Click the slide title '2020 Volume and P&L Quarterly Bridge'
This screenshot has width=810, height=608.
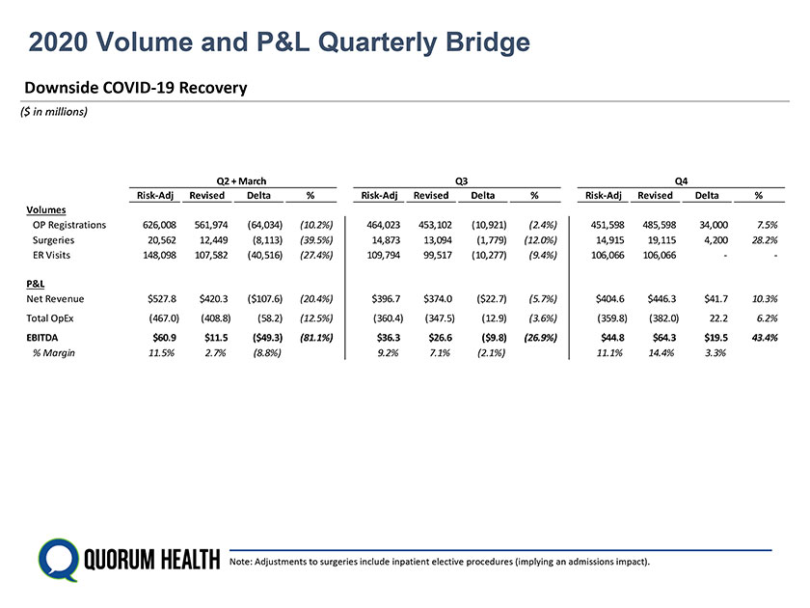tap(279, 42)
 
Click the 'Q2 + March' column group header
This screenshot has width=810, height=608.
tap(241, 180)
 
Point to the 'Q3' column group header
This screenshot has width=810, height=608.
tap(460, 180)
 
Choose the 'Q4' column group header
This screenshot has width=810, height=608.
tap(682, 180)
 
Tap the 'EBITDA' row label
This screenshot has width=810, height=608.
tap(44, 338)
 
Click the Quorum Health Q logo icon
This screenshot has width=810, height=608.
tap(57, 559)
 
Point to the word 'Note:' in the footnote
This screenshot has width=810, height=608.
tap(240, 562)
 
